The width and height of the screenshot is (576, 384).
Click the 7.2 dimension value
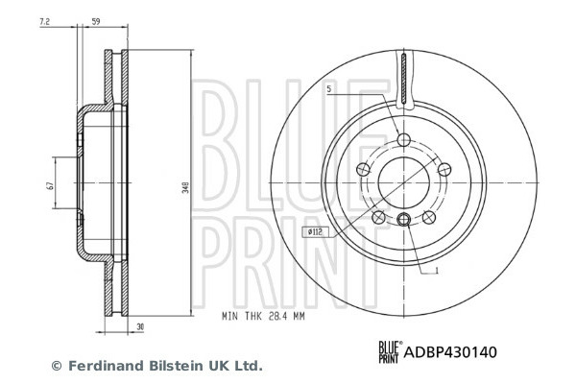coord(44,22)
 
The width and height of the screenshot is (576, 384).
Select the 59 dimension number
coord(95,22)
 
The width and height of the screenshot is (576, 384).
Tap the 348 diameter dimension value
coord(186,187)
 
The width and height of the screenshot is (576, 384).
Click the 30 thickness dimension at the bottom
coord(140,326)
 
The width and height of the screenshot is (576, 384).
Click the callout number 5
coord(328,89)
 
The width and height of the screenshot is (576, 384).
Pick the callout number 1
coord(437,271)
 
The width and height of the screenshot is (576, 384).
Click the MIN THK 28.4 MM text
coord(263,316)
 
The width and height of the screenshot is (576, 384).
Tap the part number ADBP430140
coord(450,352)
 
